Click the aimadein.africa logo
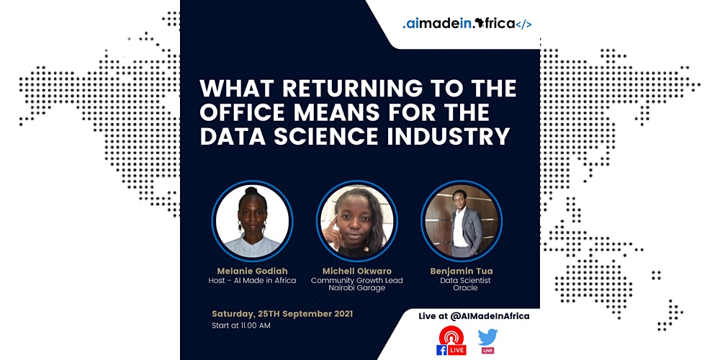click(467, 24)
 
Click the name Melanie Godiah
click(252, 271)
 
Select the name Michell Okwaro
click(357, 271)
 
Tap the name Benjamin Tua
click(461, 271)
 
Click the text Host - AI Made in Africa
click(252, 281)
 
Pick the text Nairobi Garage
click(357, 288)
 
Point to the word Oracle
click(465, 288)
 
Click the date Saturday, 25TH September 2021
click(282, 314)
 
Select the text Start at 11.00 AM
click(241, 326)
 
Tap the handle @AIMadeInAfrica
click(490, 316)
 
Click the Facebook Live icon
click(451, 341)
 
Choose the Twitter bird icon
click(487, 338)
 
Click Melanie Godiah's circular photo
click(252, 221)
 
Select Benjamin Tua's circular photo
click(462, 221)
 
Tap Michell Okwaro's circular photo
click(357, 221)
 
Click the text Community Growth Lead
click(357, 281)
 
